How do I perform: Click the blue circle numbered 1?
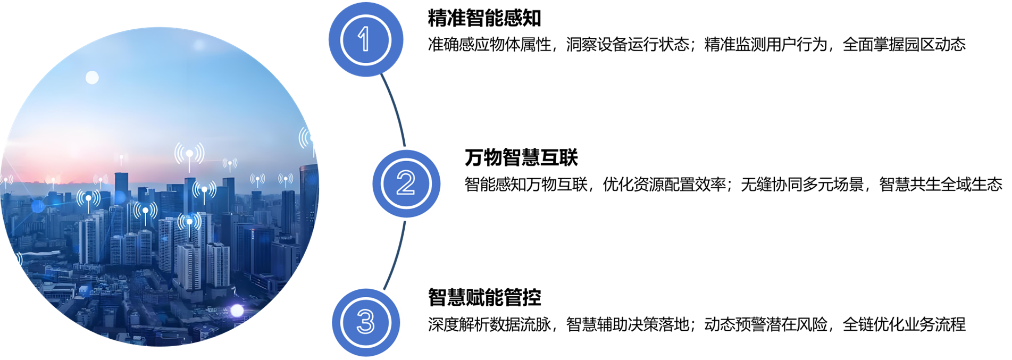click(x=365, y=39)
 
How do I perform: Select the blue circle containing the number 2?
click(x=406, y=183)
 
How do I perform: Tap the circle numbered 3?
click(x=365, y=322)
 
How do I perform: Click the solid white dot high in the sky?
click(x=92, y=78)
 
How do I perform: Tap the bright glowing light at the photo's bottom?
click(x=237, y=311)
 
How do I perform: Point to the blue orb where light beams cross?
click(x=38, y=205)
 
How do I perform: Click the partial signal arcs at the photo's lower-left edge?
click(x=19, y=259)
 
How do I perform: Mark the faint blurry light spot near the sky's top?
click(x=199, y=45)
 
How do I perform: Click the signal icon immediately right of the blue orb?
click(x=88, y=198)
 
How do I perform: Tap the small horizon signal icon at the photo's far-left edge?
click(x=5, y=180)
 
